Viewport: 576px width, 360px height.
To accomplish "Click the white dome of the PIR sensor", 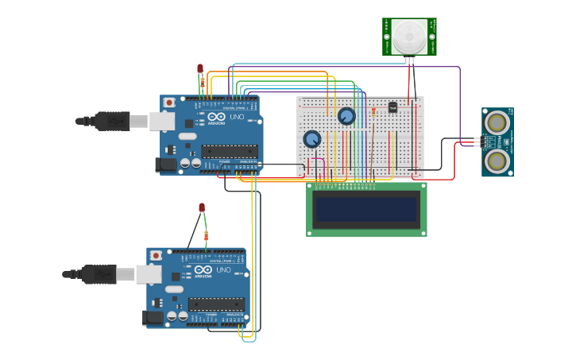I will [x=409, y=35].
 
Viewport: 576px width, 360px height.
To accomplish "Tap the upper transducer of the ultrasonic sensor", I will [x=498, y=122].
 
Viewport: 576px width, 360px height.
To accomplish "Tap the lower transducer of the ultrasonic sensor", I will [x=498, y=161].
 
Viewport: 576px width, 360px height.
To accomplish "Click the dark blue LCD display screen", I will [x=366, y=210].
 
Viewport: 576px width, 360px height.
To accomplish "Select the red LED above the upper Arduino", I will [x=200, y=69].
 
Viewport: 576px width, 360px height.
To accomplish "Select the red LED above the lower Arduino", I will [x=202, y=208].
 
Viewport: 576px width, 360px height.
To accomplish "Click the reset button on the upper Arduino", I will [x=170, y=103].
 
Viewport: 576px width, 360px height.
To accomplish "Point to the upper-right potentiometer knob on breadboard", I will [x=346, y=116].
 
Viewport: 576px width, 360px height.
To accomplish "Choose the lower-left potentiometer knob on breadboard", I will [x=312, y=139].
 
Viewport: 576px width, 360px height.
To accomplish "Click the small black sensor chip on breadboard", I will [x=392, y=107].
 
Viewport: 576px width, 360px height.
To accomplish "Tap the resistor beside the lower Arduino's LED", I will [x=207, y=235].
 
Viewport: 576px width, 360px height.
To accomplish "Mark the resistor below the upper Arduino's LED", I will [x=203, y=82].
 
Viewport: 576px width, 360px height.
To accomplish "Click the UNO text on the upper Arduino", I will [x=237, y=117].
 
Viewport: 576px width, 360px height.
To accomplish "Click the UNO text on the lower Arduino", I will [x=223, y=269].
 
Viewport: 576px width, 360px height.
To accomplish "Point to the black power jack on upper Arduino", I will [x=166, y=165].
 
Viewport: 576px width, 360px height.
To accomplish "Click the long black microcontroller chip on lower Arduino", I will [x=216, y=304].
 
